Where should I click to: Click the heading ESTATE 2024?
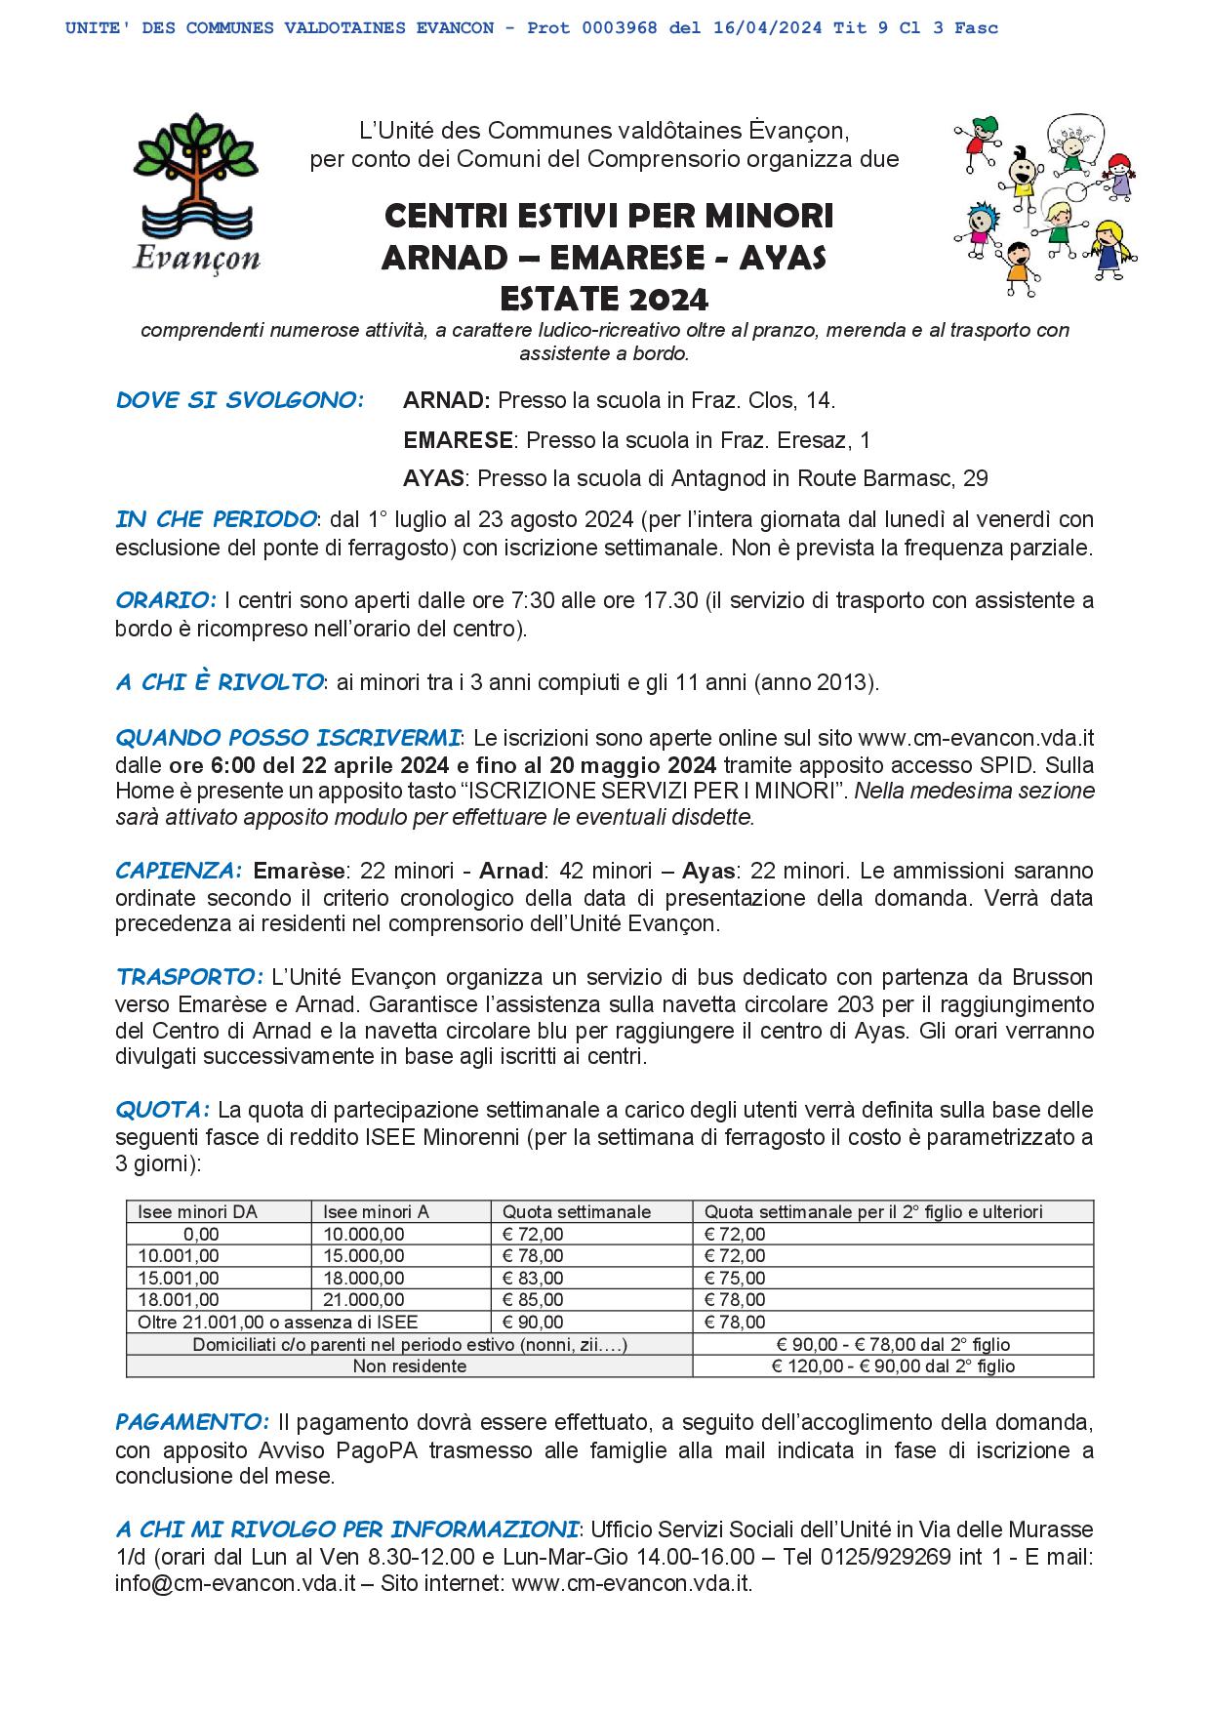click(604, 297)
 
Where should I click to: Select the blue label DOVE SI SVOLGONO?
click(240, 400)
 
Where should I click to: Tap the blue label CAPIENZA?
click(178, 870)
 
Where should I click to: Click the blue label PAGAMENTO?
click(192, 1421)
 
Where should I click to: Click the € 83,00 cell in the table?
click(533, 1278)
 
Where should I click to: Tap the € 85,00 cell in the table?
click(533, 1299)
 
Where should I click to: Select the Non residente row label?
click(409, 1366)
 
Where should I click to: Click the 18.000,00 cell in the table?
click(364, 1278)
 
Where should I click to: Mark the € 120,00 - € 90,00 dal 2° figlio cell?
click(892, 1366)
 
